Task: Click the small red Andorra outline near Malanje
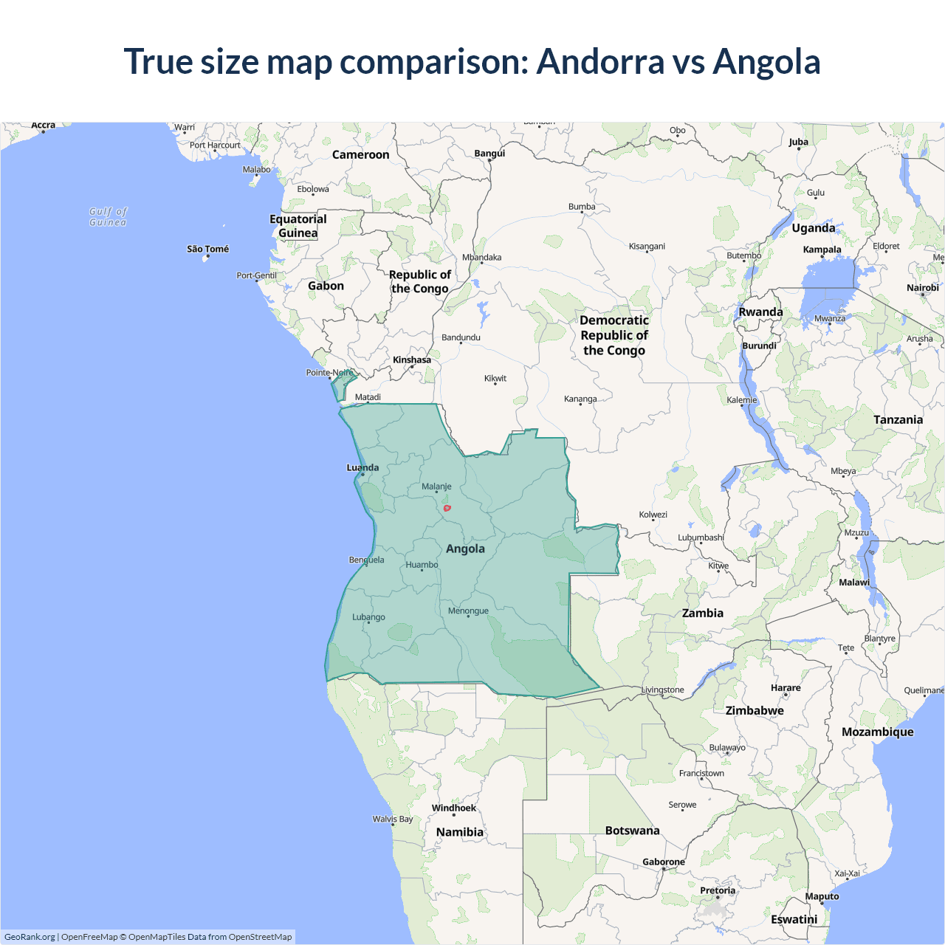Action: click(x=447, y=508)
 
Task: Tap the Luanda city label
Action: click(x=362, y=467)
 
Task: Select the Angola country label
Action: click(x=465, y=549)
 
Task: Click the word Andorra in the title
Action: click(x=600, y=61)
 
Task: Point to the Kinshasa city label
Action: click(x=411, y=360)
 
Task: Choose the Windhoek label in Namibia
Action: click(x=453, y=808)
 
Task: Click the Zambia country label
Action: click(x=702, y=613)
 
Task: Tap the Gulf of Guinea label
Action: click(x=108, y=216)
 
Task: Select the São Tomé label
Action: click(x=207, y=249)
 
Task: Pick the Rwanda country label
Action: click(x=760, y=312)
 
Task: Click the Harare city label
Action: click(x=786, y=687)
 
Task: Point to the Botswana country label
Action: click(x=632, y=831)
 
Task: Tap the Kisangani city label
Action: click(x=647, y=246)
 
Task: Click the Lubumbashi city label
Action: click(x=701, y=537)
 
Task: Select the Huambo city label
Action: click(x=422, y=565)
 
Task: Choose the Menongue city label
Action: click(x=468, y=611)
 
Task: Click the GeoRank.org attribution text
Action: click(x=30, y=937)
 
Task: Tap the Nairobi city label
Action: click(x=922, y=287)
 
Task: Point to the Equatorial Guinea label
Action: click(x=298, y=226)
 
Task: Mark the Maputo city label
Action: click(x=822, y=896)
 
